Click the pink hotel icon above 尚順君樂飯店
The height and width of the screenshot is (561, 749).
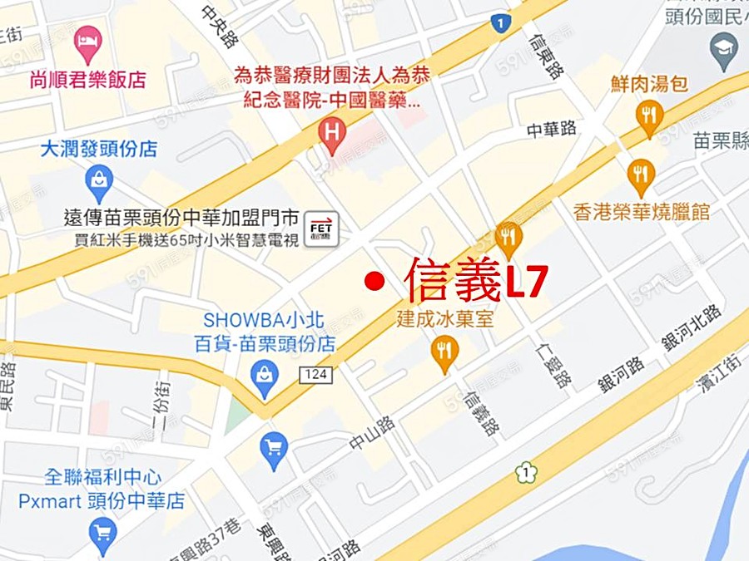[87, 39]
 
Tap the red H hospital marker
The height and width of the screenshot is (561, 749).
[333, 133]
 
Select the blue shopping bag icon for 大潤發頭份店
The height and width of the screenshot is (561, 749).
[98, 178]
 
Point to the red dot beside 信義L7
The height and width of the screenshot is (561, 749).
[374, 282]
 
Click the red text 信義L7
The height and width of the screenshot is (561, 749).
[475, 279]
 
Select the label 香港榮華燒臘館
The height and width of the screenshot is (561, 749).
[642, 212]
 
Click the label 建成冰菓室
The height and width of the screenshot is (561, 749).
[444, 318]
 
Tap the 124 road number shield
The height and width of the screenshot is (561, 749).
[316, 375]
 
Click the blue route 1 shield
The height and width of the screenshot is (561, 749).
[499, 22]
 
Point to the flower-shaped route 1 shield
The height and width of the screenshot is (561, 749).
[526, 474]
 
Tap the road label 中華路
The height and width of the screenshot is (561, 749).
[552, 130]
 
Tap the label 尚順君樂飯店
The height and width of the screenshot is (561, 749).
[87, 80]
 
